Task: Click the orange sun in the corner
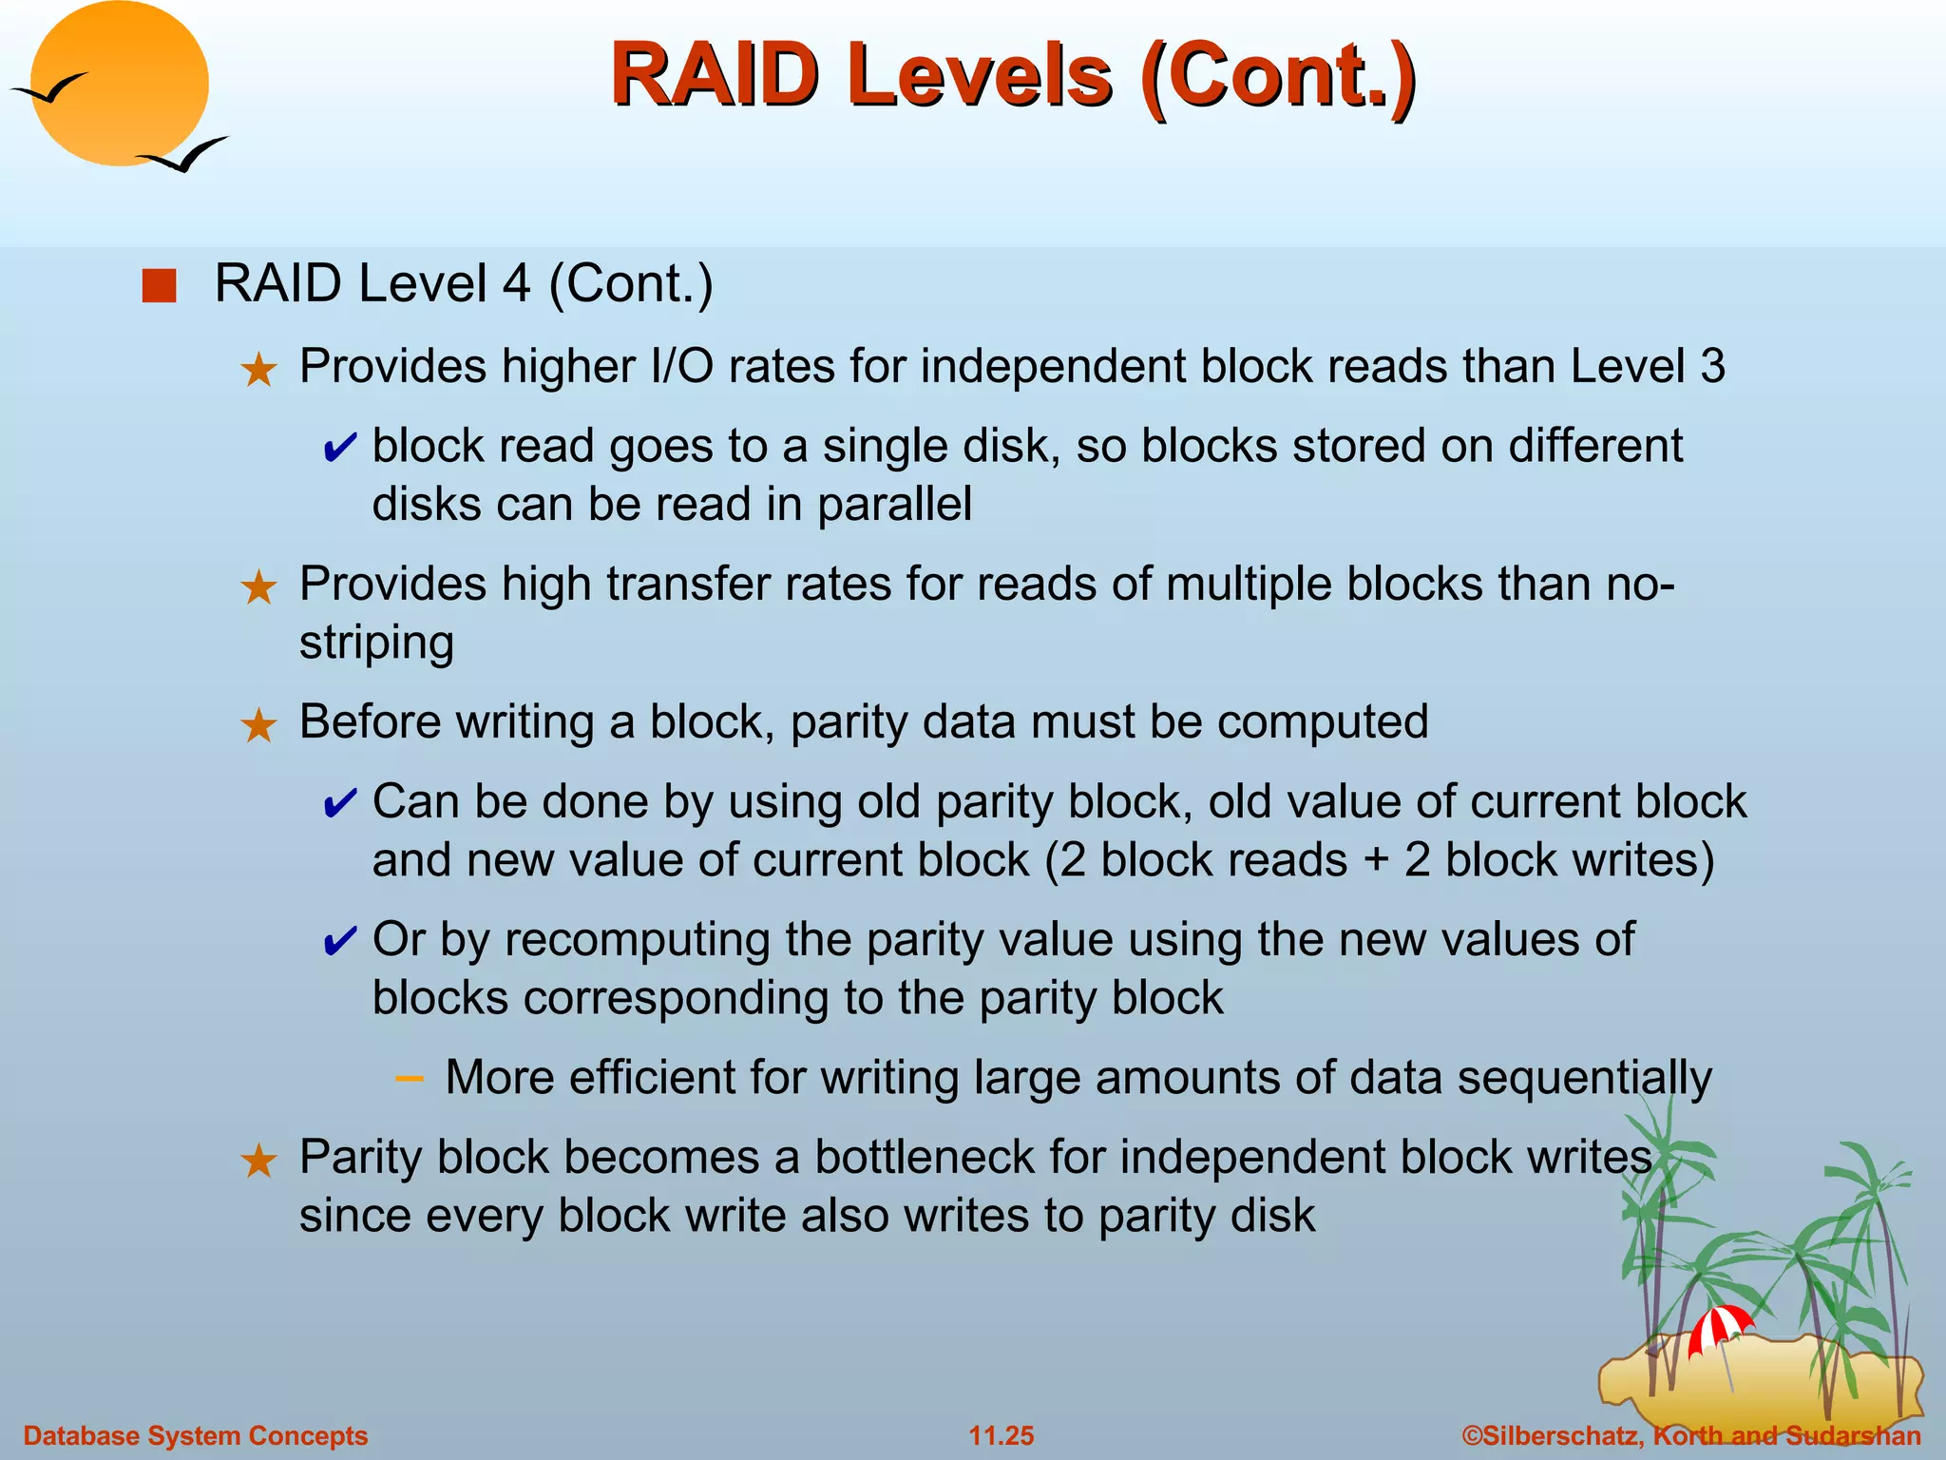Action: [x=120, y=84]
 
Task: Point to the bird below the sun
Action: [x=184, y=155]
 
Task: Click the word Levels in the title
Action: [x=979, y=76]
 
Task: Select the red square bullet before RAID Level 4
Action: [x=159, y=285]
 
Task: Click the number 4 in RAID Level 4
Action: [x=516, y=283]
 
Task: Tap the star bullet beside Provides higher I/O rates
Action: [x=258, y=369]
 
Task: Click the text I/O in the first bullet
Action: [x=682, y=366]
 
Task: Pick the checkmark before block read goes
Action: [x=339, y=447]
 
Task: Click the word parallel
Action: [x=894, y=505]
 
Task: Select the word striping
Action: [x=376, y=644]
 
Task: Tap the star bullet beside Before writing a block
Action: [x=258, y=725]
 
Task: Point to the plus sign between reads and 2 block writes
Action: [x=1376, y=860]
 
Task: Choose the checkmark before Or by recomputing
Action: [x=339, y=941]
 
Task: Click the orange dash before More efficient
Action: [x=409, y=1078]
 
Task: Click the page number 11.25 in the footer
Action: [x=1001, y=1435]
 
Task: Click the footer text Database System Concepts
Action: [x=196, y=1435]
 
